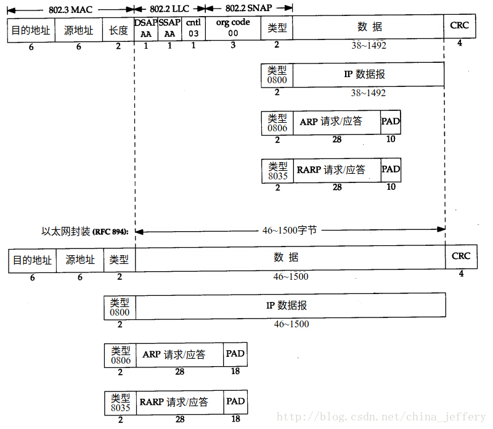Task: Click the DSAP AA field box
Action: click(146, 28)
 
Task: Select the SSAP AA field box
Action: click(170, 28)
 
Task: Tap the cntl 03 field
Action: click(194, 28)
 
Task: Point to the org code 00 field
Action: click(233, 28)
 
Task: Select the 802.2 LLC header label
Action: click(169, 9)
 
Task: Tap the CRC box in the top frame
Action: click(460, 26)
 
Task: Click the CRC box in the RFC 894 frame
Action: click(461, 256)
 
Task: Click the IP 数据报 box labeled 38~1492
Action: click(369, 75)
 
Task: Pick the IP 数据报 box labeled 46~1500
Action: click(290, 305)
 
